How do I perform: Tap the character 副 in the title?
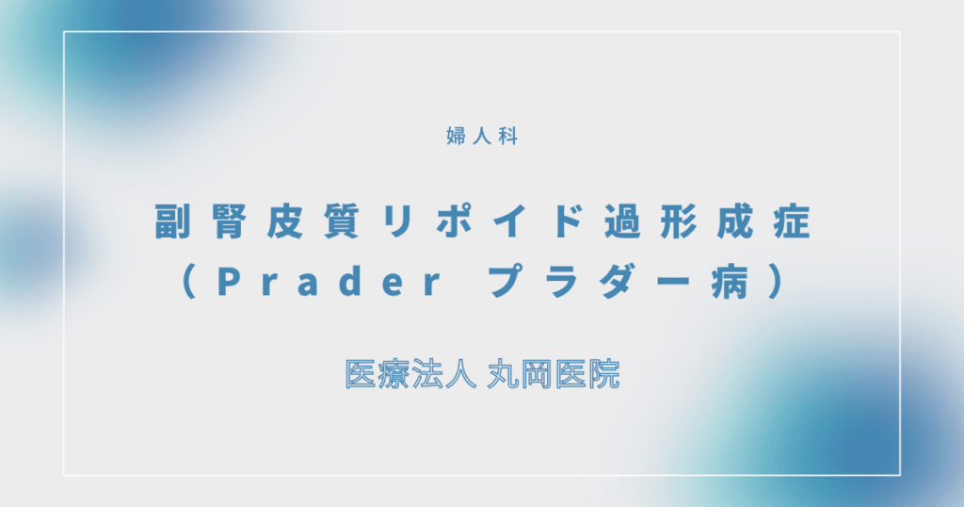pos(171,222)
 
